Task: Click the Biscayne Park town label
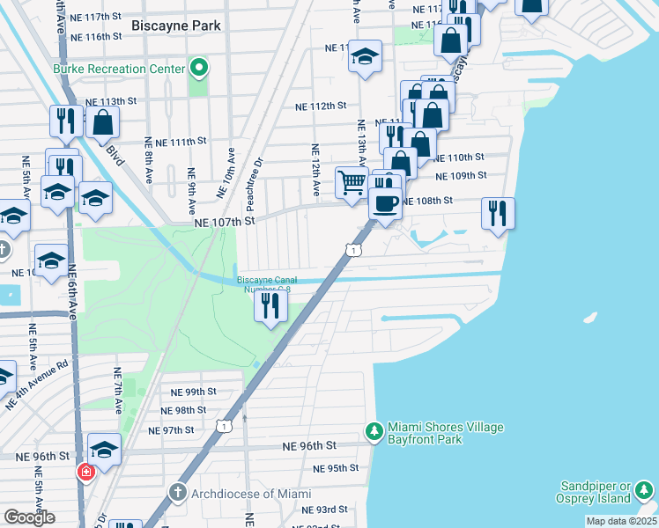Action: pos(175,26)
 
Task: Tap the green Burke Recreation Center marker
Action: pos(200,68)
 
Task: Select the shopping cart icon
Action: pos(352,183)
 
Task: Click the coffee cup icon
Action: pos(385,202)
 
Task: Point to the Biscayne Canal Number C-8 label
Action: pos(264,284)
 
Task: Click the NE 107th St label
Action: pos(224,222)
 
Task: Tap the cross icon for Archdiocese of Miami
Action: pos(177,493)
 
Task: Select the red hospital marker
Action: pos(85,472)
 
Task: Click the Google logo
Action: pos(29,517)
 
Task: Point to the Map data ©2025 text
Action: pos(621,521)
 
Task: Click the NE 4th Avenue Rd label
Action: pos(36,385)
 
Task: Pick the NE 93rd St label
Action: pos(325,510)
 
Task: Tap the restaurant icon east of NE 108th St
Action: pos(498,213)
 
